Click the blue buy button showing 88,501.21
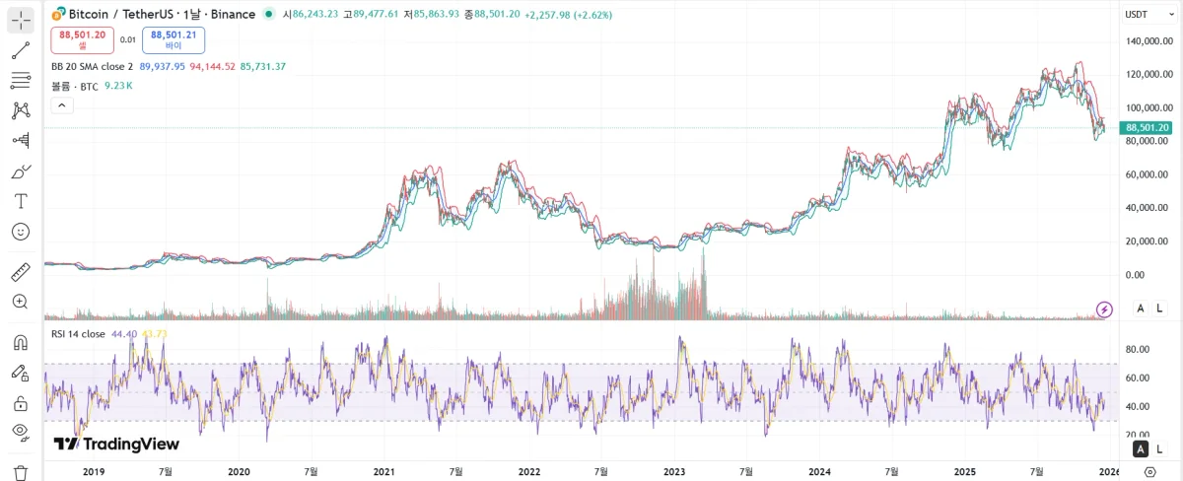pos(174,39)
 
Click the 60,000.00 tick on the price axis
pos(1148,174)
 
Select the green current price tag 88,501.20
pos(1147,127)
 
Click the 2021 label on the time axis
pos(383,472)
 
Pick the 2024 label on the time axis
pos(819,472)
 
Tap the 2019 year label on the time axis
pos(94,472)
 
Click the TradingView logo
pos(116,444)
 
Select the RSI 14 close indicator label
pos(78,334)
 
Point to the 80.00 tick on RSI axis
pos(1139,349)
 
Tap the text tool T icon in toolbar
pos(21,201)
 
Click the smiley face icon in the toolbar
pos(21,232)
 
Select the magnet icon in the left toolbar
pos(21,343)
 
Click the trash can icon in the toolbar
pos(21,472)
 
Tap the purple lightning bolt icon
pos(1105,309)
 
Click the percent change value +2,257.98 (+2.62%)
pos(570,15)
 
